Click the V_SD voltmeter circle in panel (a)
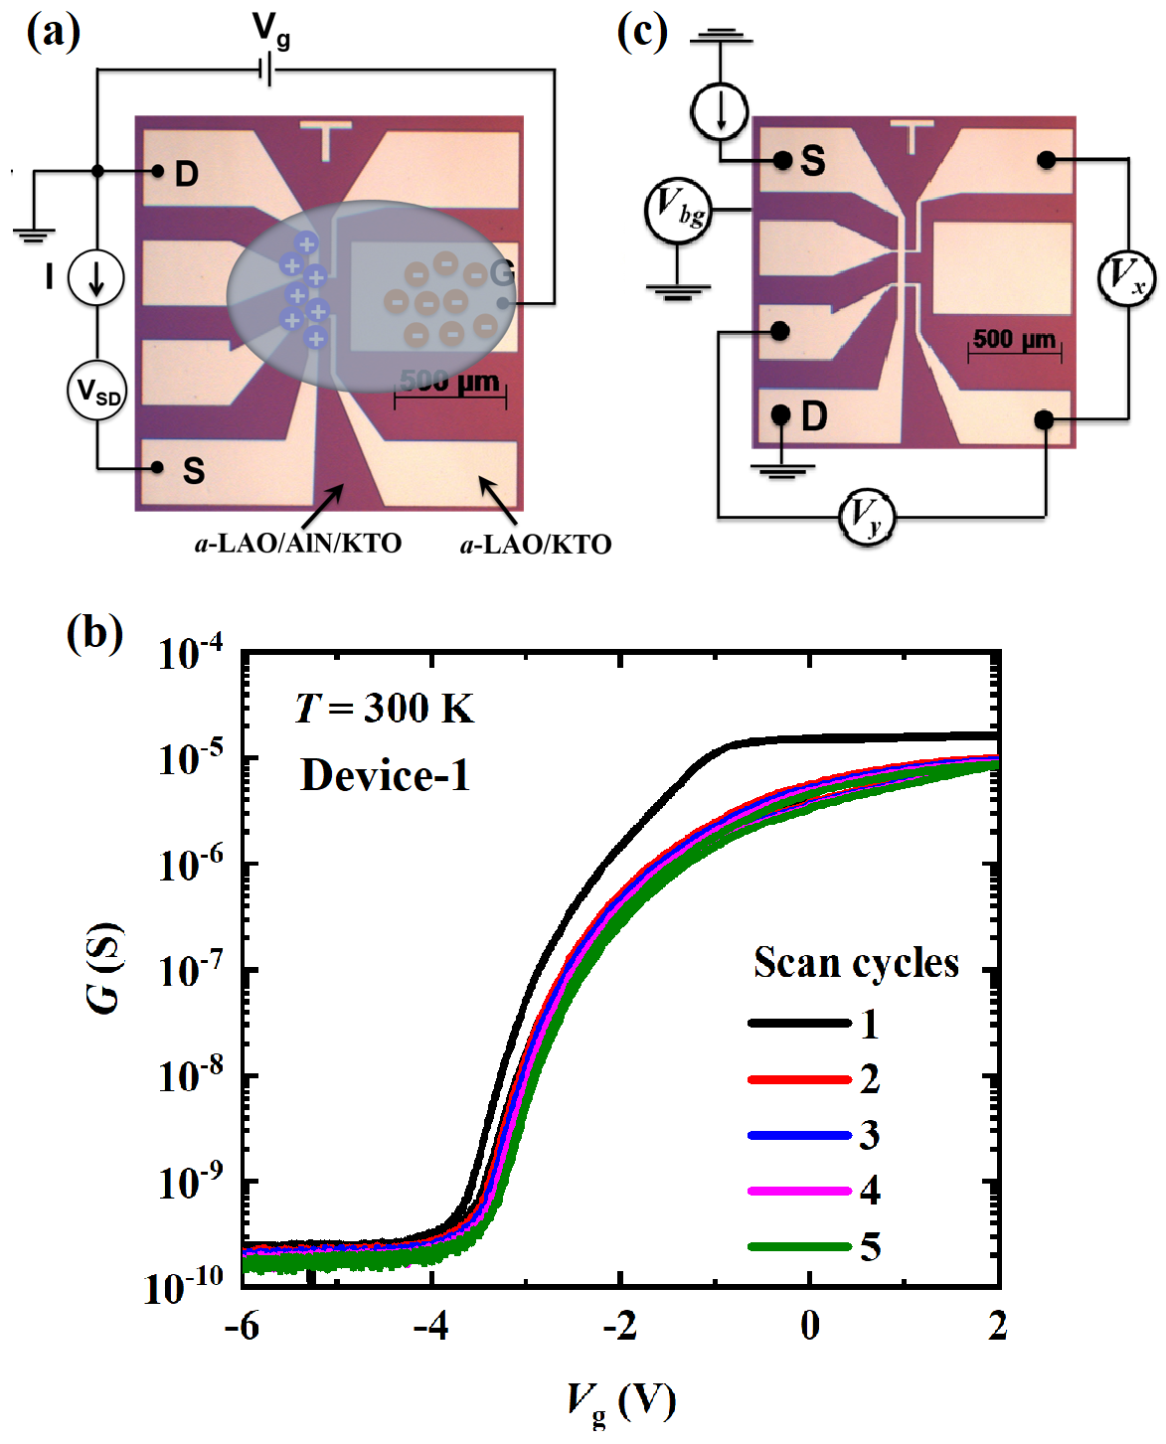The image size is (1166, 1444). [96, 390]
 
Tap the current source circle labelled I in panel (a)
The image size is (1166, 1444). [95, 277]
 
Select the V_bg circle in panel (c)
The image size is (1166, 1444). [678, 211]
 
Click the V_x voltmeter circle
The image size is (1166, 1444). [1126, 277]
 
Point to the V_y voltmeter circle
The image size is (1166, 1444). [866, 517]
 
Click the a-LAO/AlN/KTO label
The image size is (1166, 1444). [298, 544]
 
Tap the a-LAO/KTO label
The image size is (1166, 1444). [536, 545]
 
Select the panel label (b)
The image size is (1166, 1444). [94, 632]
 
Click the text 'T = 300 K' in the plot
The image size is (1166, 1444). [384, 709]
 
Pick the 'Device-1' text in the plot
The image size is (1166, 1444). [385, 775]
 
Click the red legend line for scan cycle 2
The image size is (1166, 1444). [799, 1079]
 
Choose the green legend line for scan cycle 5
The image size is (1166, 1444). [799, 1246]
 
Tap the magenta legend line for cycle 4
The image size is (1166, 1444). [799, 1191]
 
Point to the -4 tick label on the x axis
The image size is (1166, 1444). [431, 1325]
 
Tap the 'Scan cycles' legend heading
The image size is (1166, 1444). [856, 963]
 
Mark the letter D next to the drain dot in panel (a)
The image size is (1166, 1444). [187, 175]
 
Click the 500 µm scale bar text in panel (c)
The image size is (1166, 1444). [1014, 339]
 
